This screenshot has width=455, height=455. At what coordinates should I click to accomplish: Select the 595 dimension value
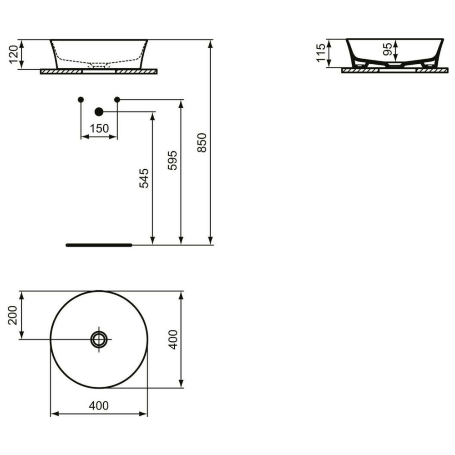(172, 160)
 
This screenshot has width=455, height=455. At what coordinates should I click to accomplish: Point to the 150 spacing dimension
(99, 128)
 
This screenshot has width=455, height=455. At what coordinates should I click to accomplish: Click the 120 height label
(14, 54)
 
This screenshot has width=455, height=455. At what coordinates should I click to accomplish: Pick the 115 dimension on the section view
(321, 53)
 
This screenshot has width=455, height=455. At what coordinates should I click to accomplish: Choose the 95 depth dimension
(388, 49)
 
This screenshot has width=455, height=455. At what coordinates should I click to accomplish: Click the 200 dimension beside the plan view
(12, 315)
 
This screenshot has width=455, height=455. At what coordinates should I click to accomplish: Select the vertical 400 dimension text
(173, 339)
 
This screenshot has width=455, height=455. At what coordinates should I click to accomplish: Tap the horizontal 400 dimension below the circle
(99, 405)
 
